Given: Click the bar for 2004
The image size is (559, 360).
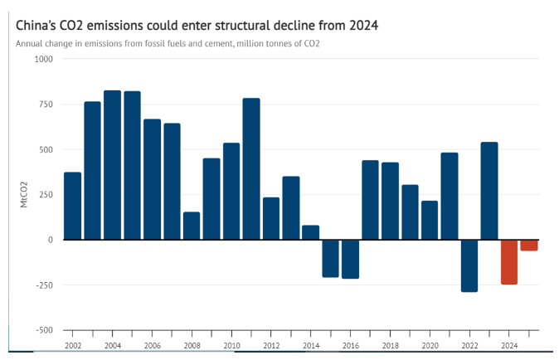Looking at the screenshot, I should pyautogui.click(x=113, y=165).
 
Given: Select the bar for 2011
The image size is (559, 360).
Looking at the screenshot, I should pyautogui.click(x=251, y=169).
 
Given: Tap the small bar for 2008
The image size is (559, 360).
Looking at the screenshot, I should pyautogui.click(x=192, y=226).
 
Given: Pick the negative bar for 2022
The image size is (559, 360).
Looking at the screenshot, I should pyautogui.click(x=469, y=265).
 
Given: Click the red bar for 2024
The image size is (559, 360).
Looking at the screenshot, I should pyautogui.click(x=508, y=262).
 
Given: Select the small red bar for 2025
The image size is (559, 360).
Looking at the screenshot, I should pyautogui.click(x=529, y=246).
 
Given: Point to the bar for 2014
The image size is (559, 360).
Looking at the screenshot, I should pyautogui.click(x=311, y=232).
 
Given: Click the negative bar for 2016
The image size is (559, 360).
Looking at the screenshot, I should pyautogui.click(x=350, y=259).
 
